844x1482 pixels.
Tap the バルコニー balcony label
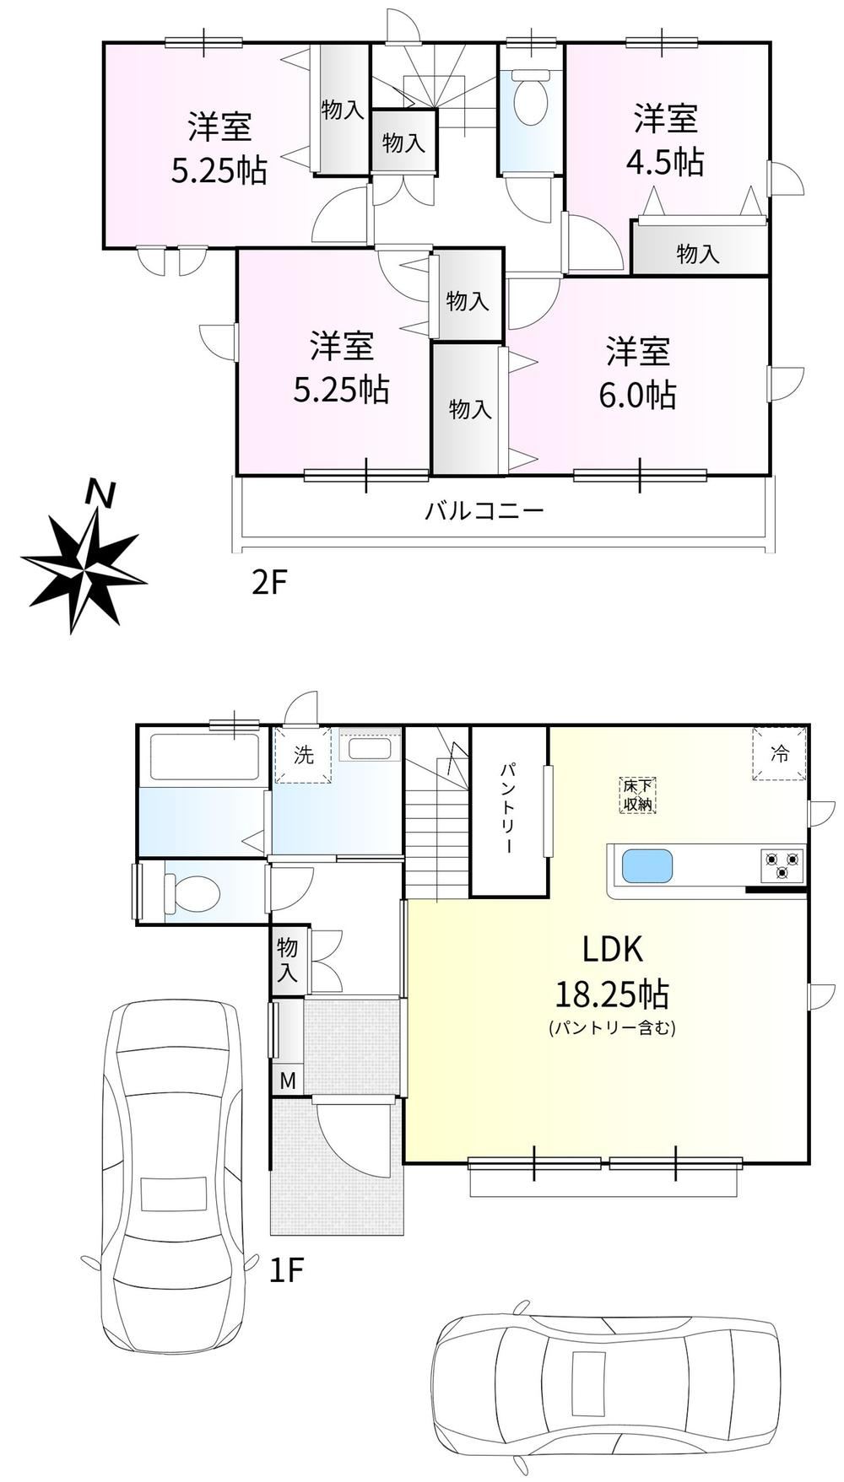click(484, 511)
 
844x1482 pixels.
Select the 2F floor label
click(270, 583)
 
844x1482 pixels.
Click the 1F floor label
click(286, 1270)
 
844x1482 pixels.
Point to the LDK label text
click(613, 950)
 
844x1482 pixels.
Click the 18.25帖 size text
click(612, 995)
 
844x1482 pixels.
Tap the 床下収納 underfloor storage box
click(638, 795)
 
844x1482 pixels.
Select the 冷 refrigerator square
click(779, 754)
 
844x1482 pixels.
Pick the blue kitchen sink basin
click(647, 867)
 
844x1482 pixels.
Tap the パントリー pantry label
click(509, 808)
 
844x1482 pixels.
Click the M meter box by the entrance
click(288, 1081)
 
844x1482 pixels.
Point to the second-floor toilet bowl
click(531, 97)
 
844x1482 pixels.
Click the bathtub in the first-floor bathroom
click(203, 757)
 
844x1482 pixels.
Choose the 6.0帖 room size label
click(638, 395)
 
